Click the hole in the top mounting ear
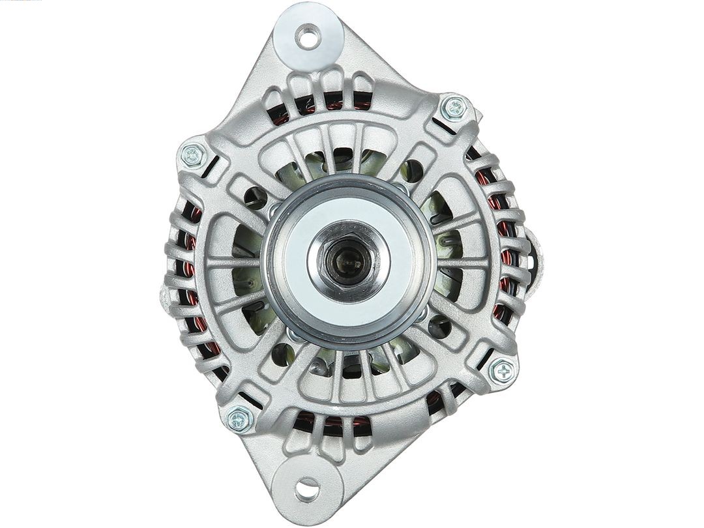(x=308, y=36)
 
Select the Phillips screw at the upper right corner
(x=454, y=108)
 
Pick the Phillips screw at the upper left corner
(x=192, y=155)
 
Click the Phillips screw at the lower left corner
(x=239, y=418)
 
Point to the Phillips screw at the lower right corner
(x=503, y=372)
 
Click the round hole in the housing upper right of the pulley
(x=413, y=171)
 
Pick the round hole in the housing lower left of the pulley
(x=282, y=354)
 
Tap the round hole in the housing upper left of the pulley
(x=255, y=196)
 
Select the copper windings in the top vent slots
(x=326, y=104)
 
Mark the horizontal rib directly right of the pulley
(x=463, y=263)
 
